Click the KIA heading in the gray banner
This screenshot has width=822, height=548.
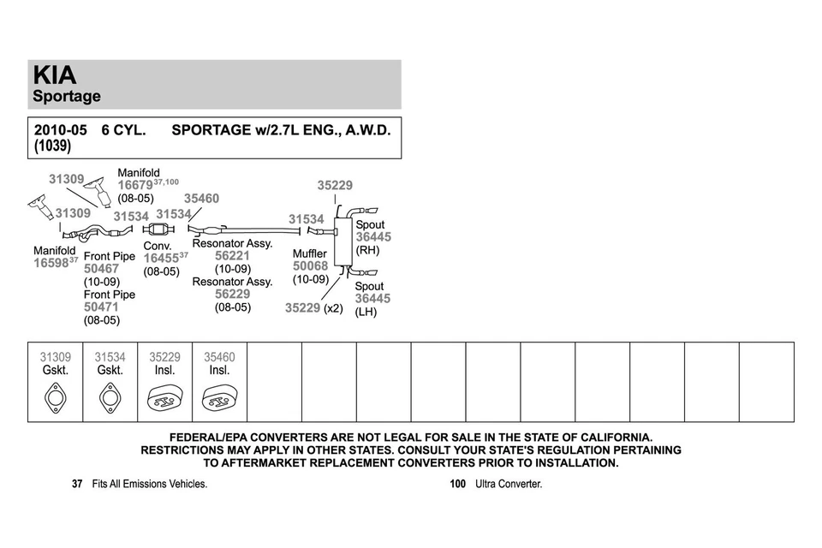click(x=54, y=75)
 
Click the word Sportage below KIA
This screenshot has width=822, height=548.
click(x=67, y=97)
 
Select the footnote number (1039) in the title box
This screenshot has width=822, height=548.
click(x=52, y=146)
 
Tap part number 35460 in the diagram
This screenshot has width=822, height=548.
click(x=201, y=199)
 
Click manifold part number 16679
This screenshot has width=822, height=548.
click(x=135, y=185)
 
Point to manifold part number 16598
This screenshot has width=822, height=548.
click(x=51, y=264)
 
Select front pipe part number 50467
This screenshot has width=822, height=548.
click(x=101, y=269)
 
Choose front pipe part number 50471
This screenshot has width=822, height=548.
click(x=101, y=307)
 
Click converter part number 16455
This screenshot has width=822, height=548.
click(x=160, y=258)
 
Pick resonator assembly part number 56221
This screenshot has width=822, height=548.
click(x=232, y=256)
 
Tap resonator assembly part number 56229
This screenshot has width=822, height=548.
click(x=232, y=294)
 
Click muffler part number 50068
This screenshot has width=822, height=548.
click(x=310, y=266)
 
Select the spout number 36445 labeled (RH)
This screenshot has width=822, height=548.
click(x=373, y=237)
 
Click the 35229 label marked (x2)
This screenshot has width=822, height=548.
click(x=303, y=308)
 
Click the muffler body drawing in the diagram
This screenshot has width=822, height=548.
click(x=342, y=241)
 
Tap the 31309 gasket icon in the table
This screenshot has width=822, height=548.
click(x=56, y=398)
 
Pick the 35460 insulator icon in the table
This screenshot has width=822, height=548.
click(x=220, y=398)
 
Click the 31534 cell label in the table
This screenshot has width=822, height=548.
click(x=110, y=357)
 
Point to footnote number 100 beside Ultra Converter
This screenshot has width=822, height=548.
click(x=457, y=484)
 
